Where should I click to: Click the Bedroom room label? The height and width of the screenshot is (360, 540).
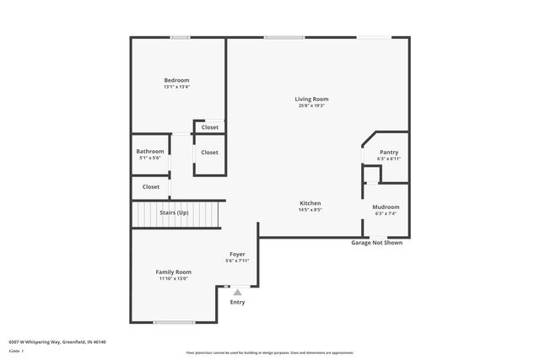pyautogui.click(x=176, y=79)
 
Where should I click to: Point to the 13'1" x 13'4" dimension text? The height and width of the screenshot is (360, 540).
pyautogui.click(x=176, y=86)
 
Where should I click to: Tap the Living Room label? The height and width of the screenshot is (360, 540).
pyautogui.click(x=311, y=99)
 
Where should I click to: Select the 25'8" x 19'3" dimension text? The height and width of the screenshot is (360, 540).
pyautogui.click(x=311, y=105)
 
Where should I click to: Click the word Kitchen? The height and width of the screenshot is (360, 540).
pyautogui.click(x=310, y=203)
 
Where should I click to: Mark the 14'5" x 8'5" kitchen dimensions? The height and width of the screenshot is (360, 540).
pyautogui.click(x=310, y=210)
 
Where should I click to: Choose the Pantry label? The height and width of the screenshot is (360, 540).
pyautogui.click(x=388, y=152)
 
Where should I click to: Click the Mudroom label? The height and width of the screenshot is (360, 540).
pyautogui.click(x=386, y=207)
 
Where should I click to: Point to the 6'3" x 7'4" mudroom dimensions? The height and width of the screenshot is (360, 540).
pyautogui.click(x=386, y=213)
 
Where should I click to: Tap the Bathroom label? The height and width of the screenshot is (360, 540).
pyautogui.click(x=150, y=151)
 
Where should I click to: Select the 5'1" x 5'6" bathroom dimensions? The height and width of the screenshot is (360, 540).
pyautogui.click(x=150, y=158)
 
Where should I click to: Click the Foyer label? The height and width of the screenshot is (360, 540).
pyautogui.click(x=237, y=254)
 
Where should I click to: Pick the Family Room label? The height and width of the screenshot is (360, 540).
pyautogui.click(x=173, y=271)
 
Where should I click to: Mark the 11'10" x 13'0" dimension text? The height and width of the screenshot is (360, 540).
pyautogui.click(x=173, y=278)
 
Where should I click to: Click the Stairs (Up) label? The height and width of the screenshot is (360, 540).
pyautogui.click(x=174, y=212)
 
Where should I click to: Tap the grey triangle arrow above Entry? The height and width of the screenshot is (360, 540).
pyautogui.click(x=237, y=292)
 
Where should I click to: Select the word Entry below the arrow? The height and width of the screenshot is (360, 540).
pyautogui.click(x=237, y=302)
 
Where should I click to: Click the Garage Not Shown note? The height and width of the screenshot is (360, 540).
pyautogui.click(x=376, y=243)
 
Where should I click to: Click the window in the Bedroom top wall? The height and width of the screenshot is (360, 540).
pyautogui.click(x=179, y=37)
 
